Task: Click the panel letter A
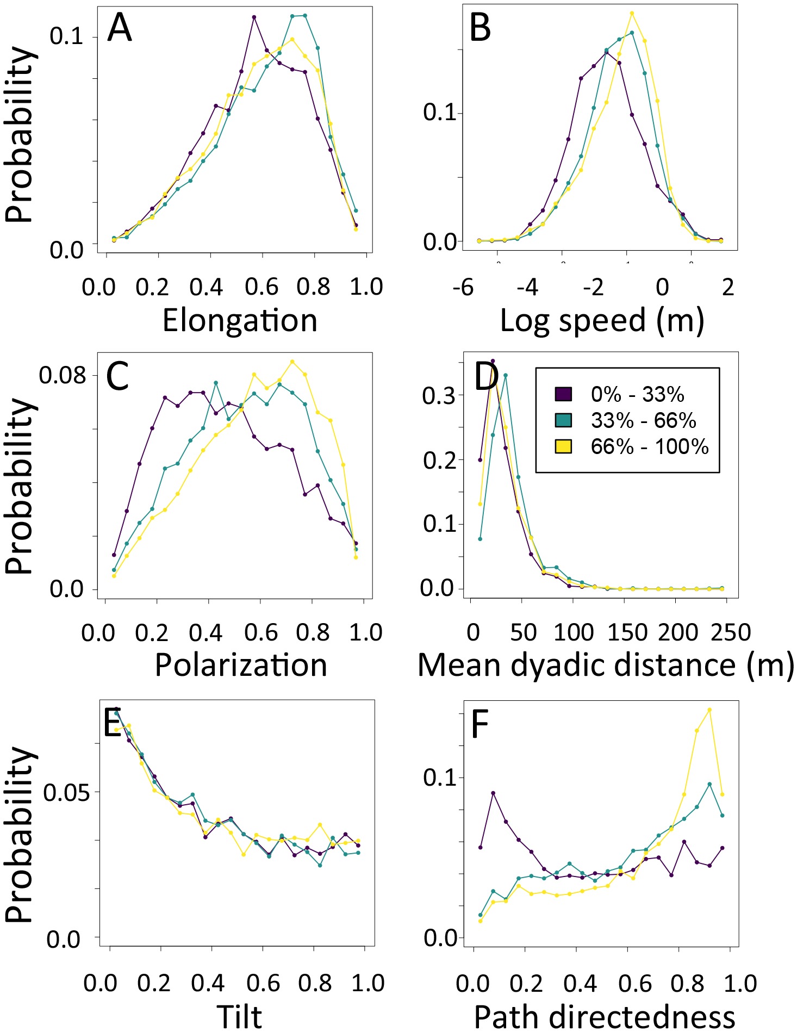(120, 28)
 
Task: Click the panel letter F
(480, 724)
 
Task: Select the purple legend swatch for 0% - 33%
(563, 394)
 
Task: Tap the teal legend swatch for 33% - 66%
(563, 420)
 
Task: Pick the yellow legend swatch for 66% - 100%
(563, 446)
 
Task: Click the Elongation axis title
(240, 320)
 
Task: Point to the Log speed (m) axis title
(602, 320)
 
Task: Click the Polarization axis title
(241, 665)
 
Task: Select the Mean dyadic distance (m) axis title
(606, 665)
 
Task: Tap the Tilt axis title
(240, 1016)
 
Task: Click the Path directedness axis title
(604, 1016)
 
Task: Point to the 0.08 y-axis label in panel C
(63, 375)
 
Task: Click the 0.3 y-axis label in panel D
(438, 395)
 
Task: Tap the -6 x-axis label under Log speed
(463, 287)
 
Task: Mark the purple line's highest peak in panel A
(254, 17)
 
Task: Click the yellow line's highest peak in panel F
(709, 710)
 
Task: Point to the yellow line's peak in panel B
(632, 13)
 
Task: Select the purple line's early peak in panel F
(493, 793)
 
